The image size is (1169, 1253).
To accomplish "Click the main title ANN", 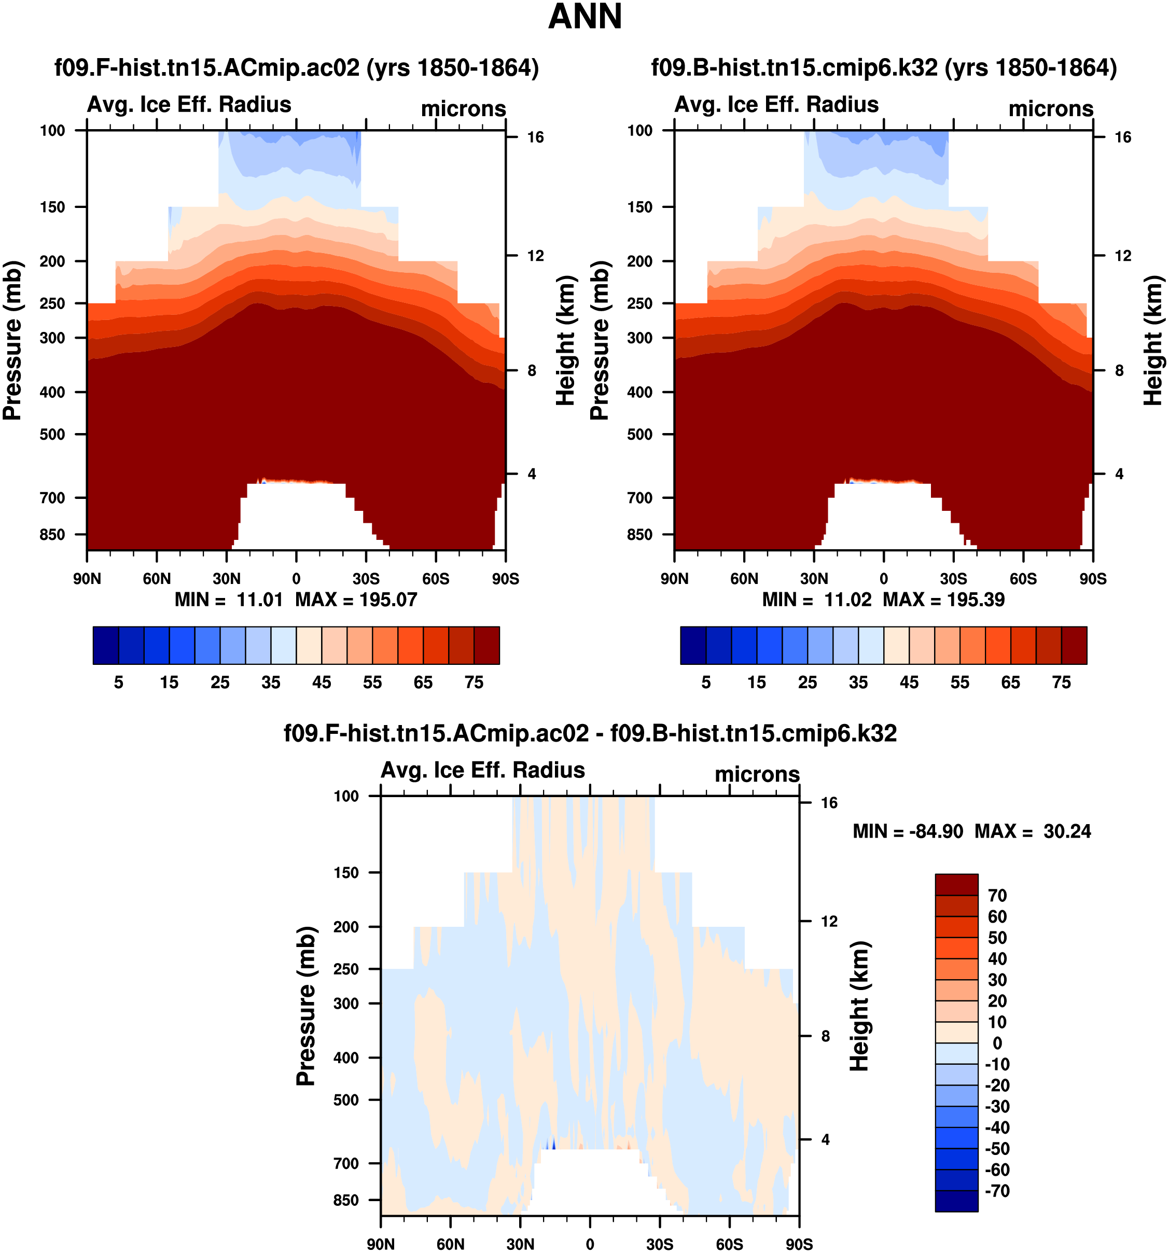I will (585, 17).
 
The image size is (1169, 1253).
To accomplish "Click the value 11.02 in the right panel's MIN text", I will (847, 600).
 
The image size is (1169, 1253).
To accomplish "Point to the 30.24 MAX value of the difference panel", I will (1067, 831).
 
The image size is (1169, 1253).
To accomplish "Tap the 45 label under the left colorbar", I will (322, 683).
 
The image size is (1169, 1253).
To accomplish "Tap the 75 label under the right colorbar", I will (1061, 683).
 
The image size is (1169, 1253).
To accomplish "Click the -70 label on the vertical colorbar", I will (997, 1191).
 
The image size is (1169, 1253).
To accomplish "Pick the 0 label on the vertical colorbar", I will (997, 1043).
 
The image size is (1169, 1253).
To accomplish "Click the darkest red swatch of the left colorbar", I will (486, 645).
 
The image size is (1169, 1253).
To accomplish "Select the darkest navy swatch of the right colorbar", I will (693, 645).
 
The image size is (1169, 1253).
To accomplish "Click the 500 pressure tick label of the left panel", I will (52, 434).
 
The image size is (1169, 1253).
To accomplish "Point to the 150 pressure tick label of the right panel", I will (639, 207).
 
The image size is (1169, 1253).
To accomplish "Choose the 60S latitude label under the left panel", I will (436, 579).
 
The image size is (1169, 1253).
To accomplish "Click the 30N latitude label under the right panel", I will (814, 579).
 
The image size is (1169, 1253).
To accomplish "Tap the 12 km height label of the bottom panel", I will (829, 922).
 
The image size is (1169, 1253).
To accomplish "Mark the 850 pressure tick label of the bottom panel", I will (346, 1200).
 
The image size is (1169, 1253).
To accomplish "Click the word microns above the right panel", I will (1051, 108).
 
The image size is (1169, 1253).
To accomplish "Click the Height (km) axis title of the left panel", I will (566, 340).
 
